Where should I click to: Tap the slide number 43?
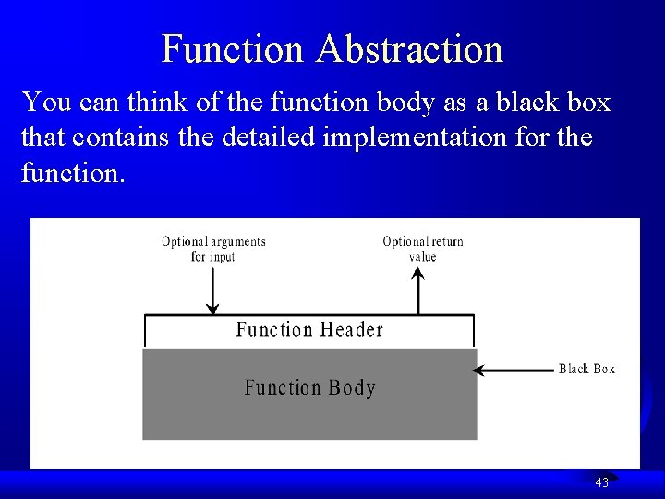pyautogui.click(x=601, y=482)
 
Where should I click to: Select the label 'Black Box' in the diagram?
pyautogui.click(x=586, y=369)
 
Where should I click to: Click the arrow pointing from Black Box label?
pyautogui.click(x=513, y=371)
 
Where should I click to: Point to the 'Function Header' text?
pyautogui.click(x=309, y=330)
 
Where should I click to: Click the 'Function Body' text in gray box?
pyautogui.click(x=310, y=388)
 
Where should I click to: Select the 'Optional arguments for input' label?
pyautogui.click(x=213, y=249)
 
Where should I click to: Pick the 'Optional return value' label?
pyautogui.click(x=423, y=249)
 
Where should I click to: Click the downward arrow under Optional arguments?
pyautogui.click(x=213, y=291)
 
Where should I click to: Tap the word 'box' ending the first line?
pyautogui.click(x=590, y=102)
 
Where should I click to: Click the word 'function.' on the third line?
pyautogui.click(x=71, y=175)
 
